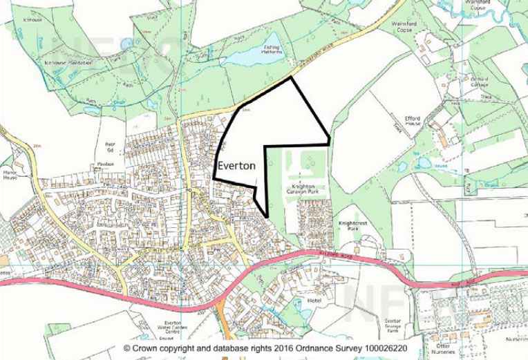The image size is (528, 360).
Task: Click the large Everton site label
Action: point(236,167)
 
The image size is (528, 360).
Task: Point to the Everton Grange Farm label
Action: point(393,325)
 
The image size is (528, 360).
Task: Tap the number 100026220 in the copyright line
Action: point(379,350)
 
